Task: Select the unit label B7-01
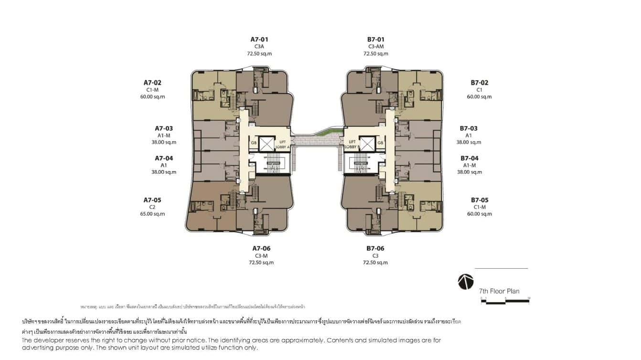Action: tap(376, 39)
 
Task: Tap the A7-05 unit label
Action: tap(152, 200)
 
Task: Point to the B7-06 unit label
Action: tap(375, 248)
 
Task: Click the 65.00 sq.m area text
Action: tap(152, 214)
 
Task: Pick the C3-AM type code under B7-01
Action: tap(376, 47)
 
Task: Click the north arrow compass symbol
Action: tap(466, 282)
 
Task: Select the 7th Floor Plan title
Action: tap(499, 291)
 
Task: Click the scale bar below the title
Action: tap(505, 300)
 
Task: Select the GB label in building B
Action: tap(380, 143)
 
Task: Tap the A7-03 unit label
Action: tap(164, 128)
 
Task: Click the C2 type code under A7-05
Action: tap(152, 207)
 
